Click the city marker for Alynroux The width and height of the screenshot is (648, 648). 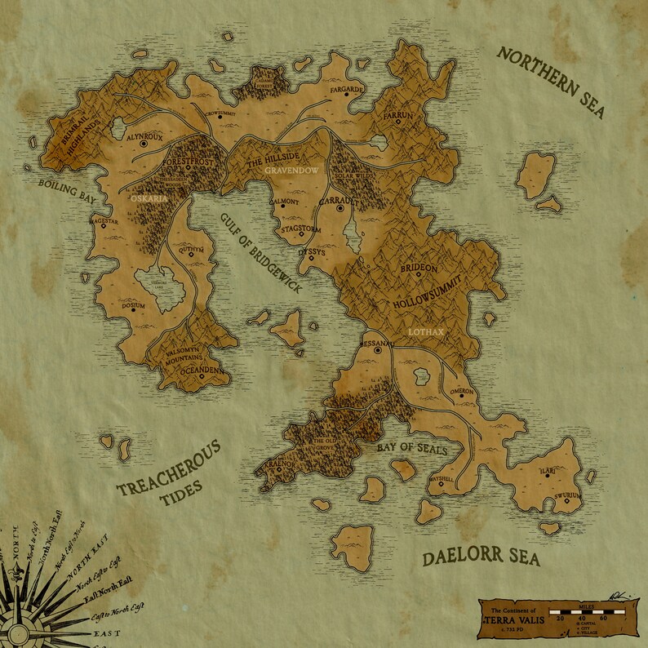(143, 144)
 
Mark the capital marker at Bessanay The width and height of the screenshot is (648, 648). (378, 350)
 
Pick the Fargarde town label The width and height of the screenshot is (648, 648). (346, 87)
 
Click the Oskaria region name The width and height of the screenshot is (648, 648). (149, 198)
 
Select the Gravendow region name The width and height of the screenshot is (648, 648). (291, 171)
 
